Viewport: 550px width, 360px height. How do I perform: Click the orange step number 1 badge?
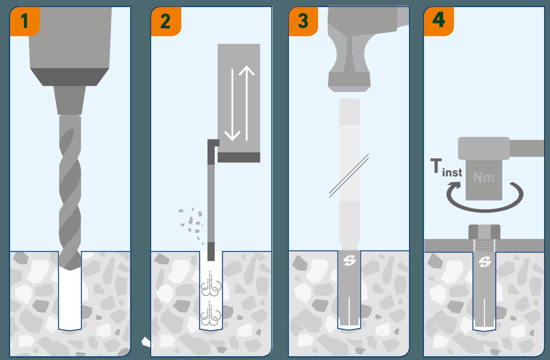tap(25, 21)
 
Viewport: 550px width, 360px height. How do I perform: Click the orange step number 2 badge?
tap(166, 21)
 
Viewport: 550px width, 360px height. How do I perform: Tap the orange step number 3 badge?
tap(303, 21)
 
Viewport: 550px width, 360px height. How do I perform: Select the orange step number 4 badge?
tap(439, 21)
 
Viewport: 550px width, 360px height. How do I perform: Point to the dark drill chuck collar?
tap(70, 77)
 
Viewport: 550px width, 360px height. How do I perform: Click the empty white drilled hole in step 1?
tap(70, 299)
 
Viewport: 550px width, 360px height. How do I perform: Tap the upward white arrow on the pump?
tap(247, 103)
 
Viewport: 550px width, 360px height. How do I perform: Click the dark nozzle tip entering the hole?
tap(211, 252)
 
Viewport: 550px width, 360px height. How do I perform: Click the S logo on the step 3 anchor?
tap(349, 261)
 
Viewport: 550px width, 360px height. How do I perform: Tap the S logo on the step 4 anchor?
tap(485, 262)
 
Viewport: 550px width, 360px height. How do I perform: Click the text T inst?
tap(446, 168)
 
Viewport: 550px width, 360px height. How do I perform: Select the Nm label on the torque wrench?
tap(484, 177)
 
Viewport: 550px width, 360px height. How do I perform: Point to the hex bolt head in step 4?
tap(484, 232)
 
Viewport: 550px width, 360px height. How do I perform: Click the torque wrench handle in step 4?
tap(527, 148)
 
